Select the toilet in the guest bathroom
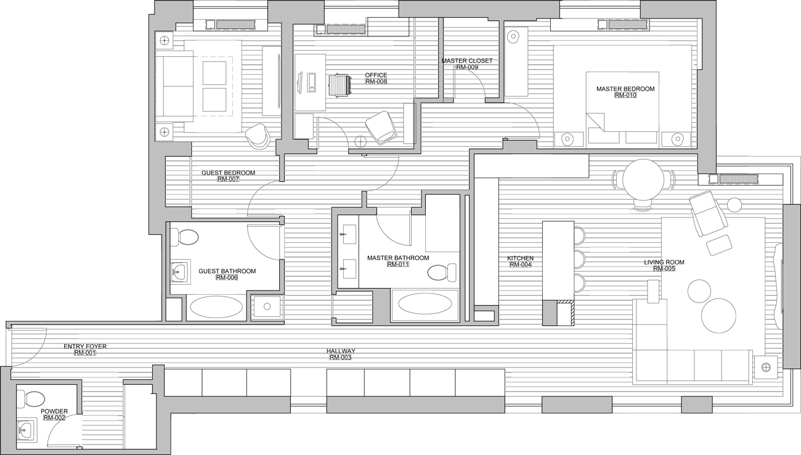tap(184, 237)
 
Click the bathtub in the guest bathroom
tap(216, 308)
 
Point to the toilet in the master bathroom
tap(442, 273)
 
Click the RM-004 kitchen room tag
tap(520, 264)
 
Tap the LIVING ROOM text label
tap(664, 262)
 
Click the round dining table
tap(643, 179)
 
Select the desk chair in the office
tap(340, 85)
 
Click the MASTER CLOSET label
tap(467, 61)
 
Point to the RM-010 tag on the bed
tap(625, 95)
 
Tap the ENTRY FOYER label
tap(85, 346)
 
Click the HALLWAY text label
tap(341, 351)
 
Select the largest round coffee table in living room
tap(718, 316)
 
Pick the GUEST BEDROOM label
tap(228, 173)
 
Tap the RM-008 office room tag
tap(376, 81)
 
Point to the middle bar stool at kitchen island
tap(579, 260)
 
